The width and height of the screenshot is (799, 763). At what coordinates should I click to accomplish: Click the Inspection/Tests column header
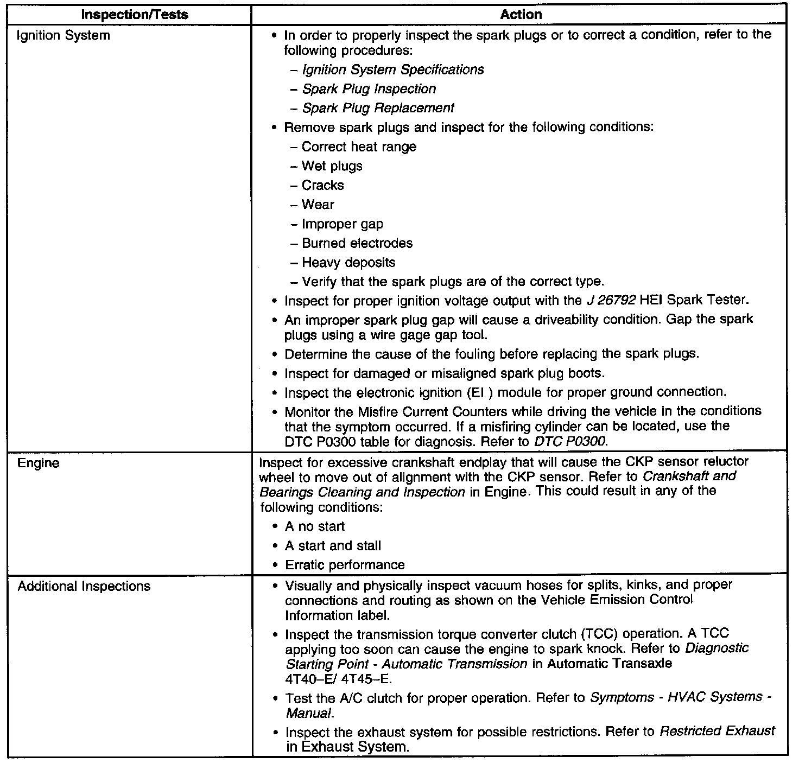134,15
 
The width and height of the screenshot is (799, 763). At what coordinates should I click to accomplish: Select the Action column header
521,15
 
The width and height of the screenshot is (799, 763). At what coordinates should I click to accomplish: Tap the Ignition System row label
64,36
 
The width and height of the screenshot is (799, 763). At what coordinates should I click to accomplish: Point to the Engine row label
38,463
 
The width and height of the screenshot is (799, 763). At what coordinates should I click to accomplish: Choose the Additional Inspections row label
84,587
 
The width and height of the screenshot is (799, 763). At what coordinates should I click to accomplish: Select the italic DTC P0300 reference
570,442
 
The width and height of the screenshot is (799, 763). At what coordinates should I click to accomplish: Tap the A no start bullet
315,526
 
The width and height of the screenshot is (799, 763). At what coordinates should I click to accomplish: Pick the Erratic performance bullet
345,565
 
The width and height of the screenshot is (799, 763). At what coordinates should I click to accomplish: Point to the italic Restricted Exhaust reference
717,732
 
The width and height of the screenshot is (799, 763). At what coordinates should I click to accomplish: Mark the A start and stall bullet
333,546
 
